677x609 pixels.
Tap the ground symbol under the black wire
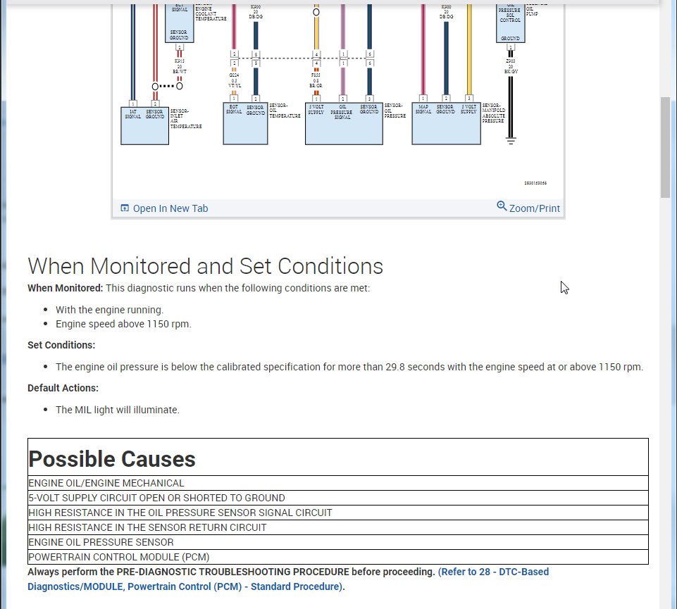click(511, 141)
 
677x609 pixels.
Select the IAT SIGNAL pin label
click(132, 114)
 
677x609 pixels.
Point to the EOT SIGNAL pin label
click(234, 109)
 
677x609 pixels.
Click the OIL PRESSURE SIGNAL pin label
click(342, 112)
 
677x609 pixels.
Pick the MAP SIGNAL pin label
click(423, 109)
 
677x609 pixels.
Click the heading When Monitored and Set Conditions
click(205, 266)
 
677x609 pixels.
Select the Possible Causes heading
click(112, 459)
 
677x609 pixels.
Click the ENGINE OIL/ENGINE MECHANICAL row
click(106, 483)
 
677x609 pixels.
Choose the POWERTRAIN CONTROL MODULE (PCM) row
click(119, 557)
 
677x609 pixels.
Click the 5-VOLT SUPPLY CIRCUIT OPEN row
click(156, 498)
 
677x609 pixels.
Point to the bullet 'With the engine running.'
click(109, 310)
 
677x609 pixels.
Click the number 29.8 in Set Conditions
click(395, 367)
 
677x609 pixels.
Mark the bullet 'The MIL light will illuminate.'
click(118, 410)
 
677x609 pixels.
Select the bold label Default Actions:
click(63, 388)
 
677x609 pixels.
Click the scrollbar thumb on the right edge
click(666, 148)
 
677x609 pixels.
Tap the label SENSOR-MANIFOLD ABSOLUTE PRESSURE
click(493, 114)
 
